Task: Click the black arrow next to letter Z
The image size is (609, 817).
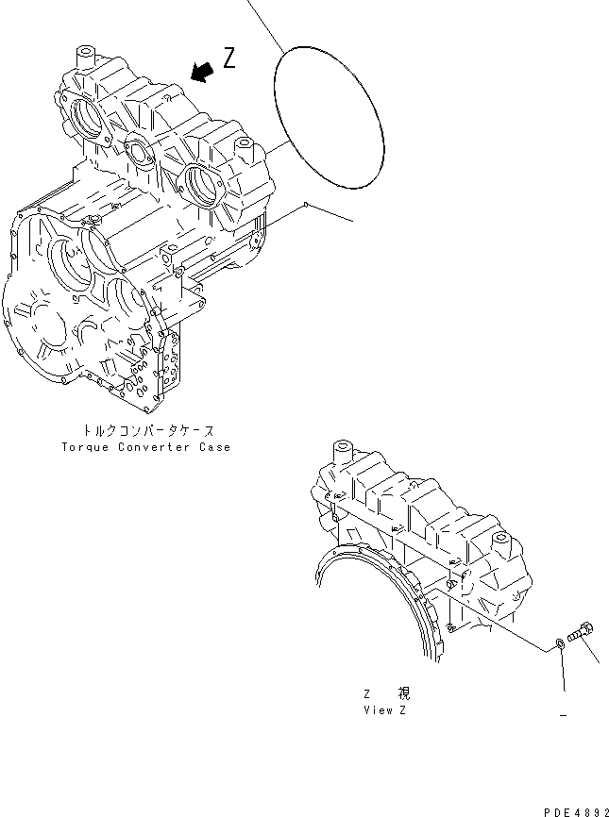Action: pos(199,71)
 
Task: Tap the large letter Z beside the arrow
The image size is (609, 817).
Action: pos(229,58)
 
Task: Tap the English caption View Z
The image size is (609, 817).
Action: pos(385,709)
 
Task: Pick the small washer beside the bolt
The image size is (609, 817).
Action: pos(560,643)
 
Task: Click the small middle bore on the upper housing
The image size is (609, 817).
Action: pos(142,150)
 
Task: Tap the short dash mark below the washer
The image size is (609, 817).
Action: pos(563,716)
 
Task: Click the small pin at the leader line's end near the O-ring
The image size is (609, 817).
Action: pos(307,203)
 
